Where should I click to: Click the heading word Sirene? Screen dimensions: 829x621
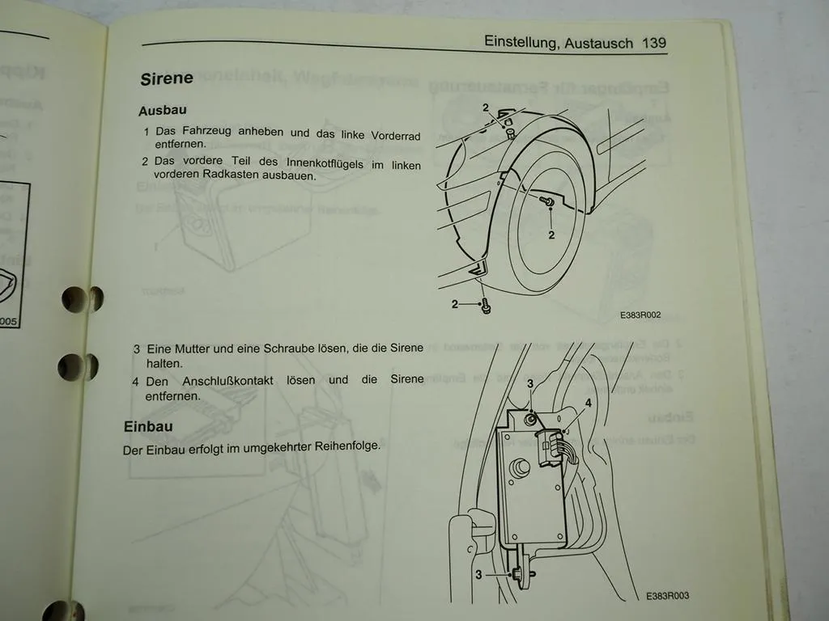click(167, 78)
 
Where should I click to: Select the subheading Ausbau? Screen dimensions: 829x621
click(163, 111)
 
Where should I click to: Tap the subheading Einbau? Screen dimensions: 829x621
click(147, 426)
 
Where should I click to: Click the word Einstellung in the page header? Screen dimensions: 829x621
click(518, 41)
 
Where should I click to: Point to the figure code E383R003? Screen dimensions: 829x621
click(668, 596)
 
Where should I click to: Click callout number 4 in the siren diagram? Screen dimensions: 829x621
click(589, 402)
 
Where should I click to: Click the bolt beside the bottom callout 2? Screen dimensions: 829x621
click(485, 306)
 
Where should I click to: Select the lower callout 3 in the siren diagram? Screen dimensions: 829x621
click(479, 574)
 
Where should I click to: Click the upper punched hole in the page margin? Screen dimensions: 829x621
click(82, 298)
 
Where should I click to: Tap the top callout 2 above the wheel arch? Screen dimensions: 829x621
click(486, 108)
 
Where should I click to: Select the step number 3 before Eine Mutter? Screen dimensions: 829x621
click(137, 349)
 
